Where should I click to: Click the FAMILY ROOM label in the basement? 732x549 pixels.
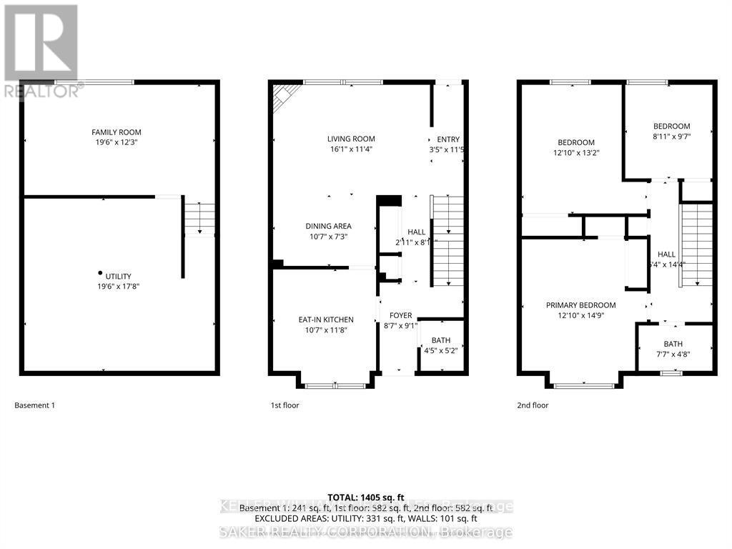(116, 132)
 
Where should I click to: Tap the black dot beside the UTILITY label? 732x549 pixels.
(100, 272)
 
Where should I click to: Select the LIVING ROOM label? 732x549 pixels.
(351, 139)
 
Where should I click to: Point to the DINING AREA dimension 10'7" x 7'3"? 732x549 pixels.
(329, 237)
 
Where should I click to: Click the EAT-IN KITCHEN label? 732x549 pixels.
(326, 320)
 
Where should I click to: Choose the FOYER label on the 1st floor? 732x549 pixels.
(400, 315)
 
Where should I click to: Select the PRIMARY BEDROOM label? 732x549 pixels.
(580, 305)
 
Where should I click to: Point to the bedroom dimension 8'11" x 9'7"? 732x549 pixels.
(671, 137)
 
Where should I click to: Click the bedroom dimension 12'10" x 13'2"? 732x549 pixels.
(576, 152)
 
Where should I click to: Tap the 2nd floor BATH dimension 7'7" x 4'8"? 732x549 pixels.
(673, 353)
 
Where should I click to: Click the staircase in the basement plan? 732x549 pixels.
(199, 218)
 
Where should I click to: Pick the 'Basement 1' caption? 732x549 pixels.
(34, 405)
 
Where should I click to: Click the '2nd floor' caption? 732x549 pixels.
(533, 405)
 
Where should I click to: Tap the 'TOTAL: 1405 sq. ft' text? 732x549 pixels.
(365, 497)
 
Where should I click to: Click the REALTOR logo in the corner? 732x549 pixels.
(41, 50)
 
